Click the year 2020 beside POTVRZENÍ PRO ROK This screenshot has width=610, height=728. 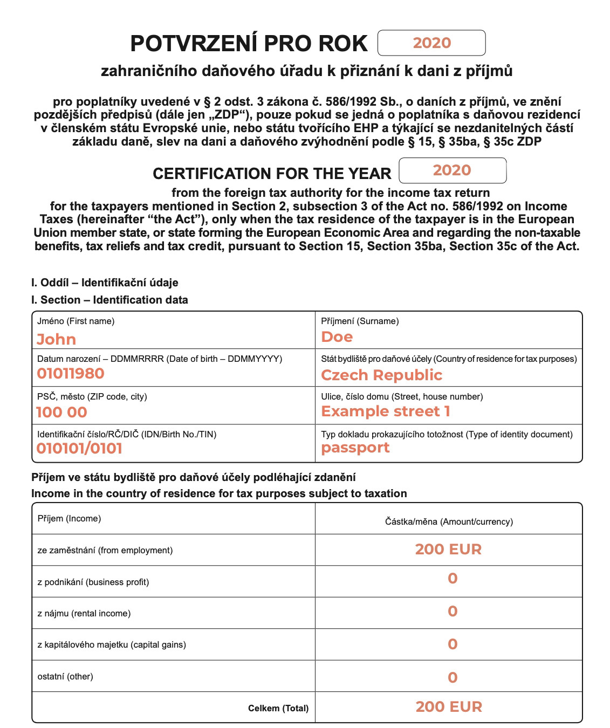[431, 43]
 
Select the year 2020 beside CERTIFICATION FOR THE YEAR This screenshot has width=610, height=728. [452, 170]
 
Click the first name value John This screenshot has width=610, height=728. [56, 339]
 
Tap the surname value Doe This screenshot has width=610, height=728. [337, 337]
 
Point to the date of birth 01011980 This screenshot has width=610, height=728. [70, 373]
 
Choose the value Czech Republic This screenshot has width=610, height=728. [381, 375]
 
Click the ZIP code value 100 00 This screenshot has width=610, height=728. [61, 412]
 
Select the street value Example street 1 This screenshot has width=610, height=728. [385, 411]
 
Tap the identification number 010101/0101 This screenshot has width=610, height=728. [79, 448]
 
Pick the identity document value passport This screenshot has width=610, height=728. [355, 448]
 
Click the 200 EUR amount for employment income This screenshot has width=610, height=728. [448, 550]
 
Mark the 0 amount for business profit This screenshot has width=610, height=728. [453, 579]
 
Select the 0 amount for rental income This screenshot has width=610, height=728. [453, 612]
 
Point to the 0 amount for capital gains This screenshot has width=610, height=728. [453, 644]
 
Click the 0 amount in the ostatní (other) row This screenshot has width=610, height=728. [453, 677]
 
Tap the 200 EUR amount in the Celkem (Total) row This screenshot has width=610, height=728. [449, 707]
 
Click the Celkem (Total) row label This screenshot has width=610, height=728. [278, 708]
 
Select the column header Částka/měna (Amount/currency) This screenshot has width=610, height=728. [449, 521]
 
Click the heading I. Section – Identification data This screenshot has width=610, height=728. [109, 300]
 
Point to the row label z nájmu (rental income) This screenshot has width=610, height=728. [84, 613]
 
